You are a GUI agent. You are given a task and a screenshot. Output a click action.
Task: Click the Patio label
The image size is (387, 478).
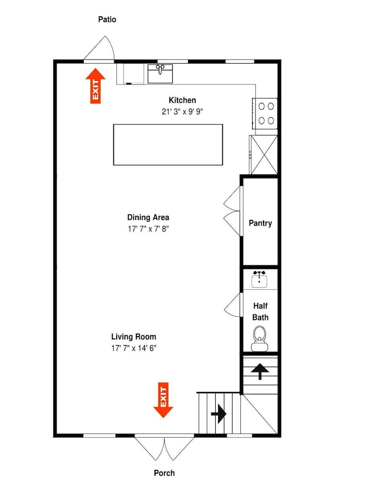coord(107,20)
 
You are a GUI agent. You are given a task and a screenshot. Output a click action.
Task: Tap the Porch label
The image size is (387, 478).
coord(165,473)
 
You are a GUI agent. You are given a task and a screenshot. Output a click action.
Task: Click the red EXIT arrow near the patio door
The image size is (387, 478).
coord(96,86)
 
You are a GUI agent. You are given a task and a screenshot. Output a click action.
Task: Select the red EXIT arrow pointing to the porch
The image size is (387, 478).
coord(163,400)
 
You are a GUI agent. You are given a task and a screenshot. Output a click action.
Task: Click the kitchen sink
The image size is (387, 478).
coord(160,74)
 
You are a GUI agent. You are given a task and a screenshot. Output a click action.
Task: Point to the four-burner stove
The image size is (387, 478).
coord(265,113)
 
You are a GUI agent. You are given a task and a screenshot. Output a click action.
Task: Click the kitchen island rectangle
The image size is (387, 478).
coord(168,145)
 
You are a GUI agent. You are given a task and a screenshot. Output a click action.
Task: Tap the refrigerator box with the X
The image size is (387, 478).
coord(264,155)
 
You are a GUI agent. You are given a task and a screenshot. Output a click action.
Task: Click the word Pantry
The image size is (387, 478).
coord(260,223)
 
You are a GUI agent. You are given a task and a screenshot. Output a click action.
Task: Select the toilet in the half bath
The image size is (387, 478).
coord(260,339)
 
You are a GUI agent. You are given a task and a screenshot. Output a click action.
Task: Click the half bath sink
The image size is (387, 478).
coord(260,280)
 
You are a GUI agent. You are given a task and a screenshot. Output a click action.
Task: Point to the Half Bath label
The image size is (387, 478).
coord(260,312)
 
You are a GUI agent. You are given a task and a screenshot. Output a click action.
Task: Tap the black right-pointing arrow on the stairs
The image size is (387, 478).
coord(219,414)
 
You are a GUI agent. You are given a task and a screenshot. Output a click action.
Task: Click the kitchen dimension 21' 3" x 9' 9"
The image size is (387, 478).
coord(182,111)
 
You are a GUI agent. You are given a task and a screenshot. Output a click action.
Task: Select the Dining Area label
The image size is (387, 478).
coord(148,217)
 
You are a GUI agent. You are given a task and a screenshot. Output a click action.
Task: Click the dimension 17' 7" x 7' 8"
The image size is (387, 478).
coord(148,228)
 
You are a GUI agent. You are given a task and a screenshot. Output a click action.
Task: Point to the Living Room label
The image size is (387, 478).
coord(133,337)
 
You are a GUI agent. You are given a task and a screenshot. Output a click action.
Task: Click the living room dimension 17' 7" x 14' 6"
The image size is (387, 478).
coord(133,348)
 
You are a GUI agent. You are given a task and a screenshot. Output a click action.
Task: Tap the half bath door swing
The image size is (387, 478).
coord(232,305)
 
